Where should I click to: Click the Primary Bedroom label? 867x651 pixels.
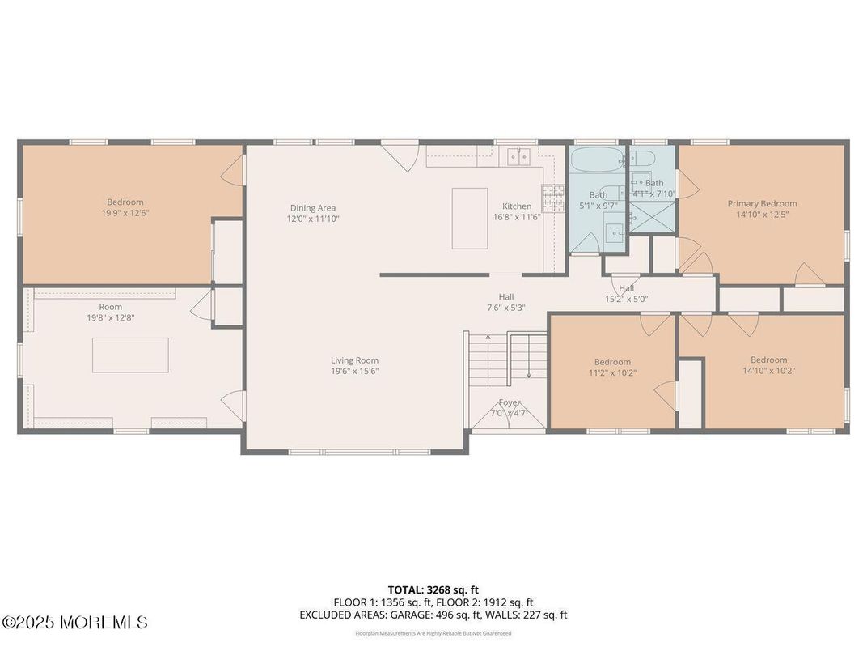point(762,203)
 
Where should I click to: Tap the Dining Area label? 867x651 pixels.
point(312,208)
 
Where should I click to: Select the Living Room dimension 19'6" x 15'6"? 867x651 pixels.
point(354,372)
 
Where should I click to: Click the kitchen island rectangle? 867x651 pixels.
point(470,218)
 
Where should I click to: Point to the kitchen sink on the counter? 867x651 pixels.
point(517,155)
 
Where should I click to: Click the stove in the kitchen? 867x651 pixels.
point(553,198)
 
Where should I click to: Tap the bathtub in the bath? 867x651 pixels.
point(597,160)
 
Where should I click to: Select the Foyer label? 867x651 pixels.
point(510,402)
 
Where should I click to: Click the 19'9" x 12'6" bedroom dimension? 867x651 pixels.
point(125,213)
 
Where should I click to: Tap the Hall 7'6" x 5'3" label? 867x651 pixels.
point(506,297)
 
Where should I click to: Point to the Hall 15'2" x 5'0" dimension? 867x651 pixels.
point(627,299)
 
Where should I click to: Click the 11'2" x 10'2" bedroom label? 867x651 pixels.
point(612,362)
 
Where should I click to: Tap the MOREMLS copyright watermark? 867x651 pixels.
point(75,623)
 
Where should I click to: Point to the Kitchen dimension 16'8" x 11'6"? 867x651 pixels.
point(517,217)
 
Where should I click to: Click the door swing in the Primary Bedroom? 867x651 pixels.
point(809,274)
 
